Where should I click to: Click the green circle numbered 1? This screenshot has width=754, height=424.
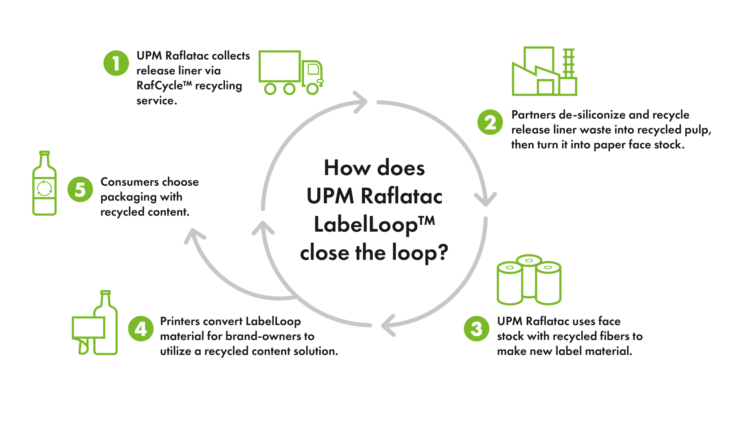pos(116,63)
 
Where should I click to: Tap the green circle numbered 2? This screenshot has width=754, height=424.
pos(490,122)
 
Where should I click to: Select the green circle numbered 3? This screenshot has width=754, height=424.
pos(476,329)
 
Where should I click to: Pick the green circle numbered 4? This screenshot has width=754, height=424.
pos(141,329)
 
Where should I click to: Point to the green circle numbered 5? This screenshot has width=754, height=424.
pos(80,189)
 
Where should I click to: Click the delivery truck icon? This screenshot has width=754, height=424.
pos(291,73)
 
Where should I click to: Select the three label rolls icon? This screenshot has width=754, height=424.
pos(529,280)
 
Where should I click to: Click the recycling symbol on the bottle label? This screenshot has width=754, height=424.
pos(44,188)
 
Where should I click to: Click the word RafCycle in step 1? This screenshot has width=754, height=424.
pos(159,86)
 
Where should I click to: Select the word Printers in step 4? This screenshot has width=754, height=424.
pos(180,321)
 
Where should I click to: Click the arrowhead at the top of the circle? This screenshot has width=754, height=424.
pos(360,102)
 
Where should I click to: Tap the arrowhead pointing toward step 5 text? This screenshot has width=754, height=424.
pos(194,235)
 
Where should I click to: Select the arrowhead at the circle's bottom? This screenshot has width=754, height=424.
pos(388,325)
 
